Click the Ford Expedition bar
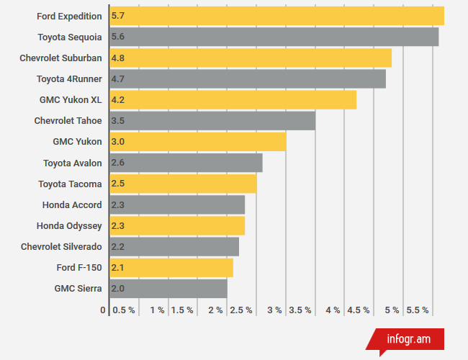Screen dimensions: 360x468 (x=276, y=16)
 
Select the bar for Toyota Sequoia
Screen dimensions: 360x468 (x=274, y=37)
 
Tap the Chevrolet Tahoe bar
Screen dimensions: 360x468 (x=212, y=120)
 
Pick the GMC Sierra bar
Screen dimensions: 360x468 (x=168, y=289)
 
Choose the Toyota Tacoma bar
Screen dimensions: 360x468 (x=183, y=184)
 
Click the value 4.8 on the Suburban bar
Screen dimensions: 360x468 (x=118, y=58)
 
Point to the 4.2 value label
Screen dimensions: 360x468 (x=118, y=99)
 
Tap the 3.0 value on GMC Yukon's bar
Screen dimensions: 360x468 (x=118, y=142)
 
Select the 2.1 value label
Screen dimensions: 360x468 (x=118, y=268)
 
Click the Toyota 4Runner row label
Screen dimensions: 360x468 (x=69, y=78)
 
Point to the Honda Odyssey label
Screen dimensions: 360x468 (x=69, y=226)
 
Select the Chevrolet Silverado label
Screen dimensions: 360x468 (x=61, y=247)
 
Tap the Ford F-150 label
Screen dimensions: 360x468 (x=79, y=268)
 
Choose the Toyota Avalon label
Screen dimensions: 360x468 (x=72, y=163)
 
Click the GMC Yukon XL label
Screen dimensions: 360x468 (x=71, y=99)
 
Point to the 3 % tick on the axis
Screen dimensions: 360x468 (x=274, y=310)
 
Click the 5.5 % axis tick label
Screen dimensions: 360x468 (x=418, y=310)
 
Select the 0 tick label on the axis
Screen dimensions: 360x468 (x=103, y=310)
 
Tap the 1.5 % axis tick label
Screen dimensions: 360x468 (x=182, y=310)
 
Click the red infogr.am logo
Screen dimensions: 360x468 (x=409, y=338)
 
